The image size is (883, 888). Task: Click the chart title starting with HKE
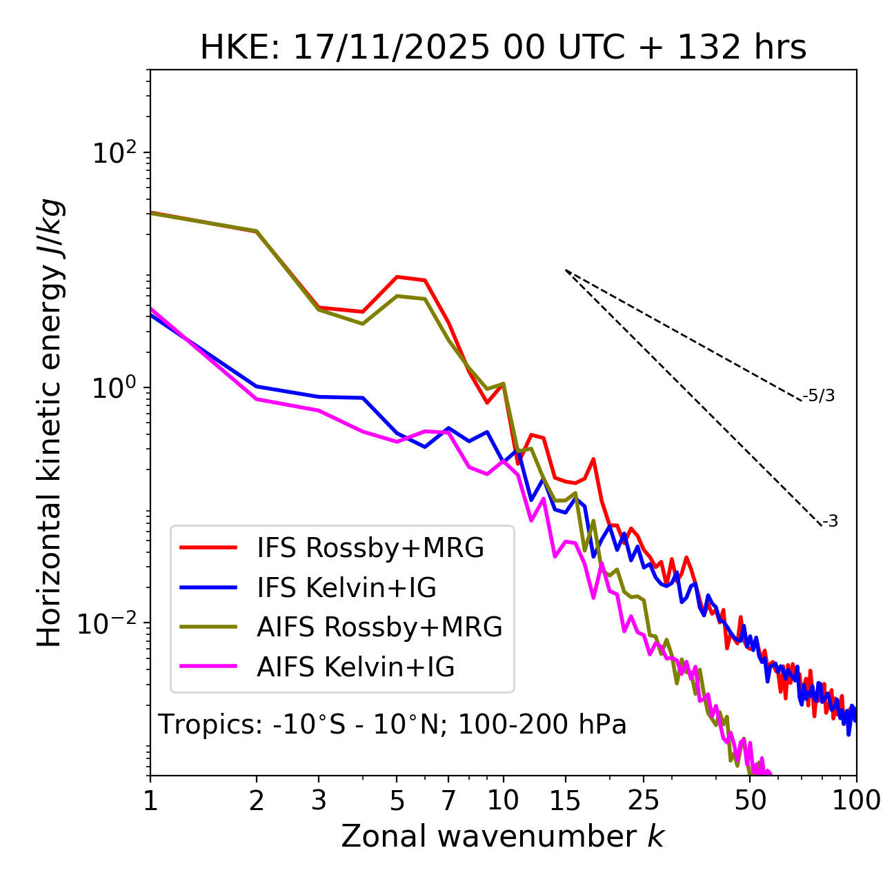point(503,48)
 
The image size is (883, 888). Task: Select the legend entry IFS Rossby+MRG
point(370,548)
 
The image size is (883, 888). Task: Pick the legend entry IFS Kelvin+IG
point(346,588)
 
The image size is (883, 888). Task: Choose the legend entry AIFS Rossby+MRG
point(379,627)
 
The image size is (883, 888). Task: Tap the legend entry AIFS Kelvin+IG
point(355,667)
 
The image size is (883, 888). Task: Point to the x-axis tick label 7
point(448,800)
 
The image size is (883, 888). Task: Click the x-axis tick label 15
point(566,800)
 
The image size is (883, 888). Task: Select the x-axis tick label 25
point(644,800)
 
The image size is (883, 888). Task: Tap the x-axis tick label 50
point(751,800)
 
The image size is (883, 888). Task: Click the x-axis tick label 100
point(856,800)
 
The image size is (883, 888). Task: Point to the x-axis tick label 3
point(319,800)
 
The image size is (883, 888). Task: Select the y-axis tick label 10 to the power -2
point(110,623)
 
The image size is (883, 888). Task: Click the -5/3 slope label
point(819,396)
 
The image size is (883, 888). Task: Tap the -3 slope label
point(830,522)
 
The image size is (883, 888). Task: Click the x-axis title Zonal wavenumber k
point(502,836)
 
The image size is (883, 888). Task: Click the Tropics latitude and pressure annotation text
point(393,725)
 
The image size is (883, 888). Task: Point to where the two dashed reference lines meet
point(566,270)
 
